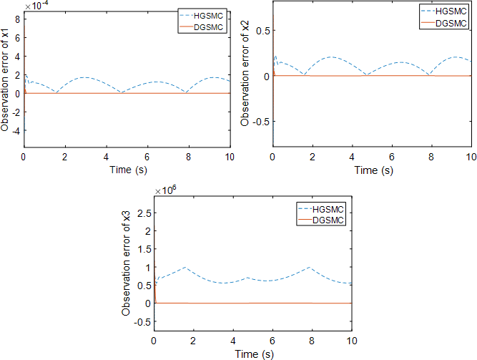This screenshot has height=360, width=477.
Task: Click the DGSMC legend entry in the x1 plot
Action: point(208,26)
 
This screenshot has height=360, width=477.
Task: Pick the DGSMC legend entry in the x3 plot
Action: point(329,220)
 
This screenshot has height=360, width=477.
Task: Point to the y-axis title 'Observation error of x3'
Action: point(127,263)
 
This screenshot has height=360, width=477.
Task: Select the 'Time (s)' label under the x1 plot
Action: point(127,170)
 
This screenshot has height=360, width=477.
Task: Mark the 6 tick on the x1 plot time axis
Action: point(147,157)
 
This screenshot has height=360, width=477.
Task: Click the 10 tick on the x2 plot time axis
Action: point(469,157)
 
